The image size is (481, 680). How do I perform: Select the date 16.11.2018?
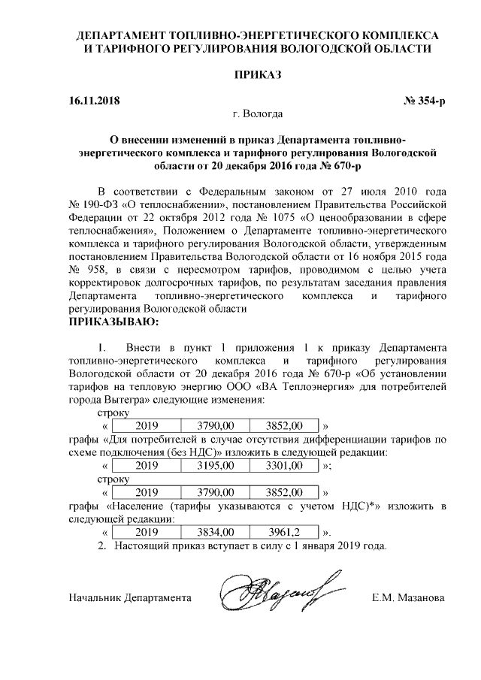click(94, 100)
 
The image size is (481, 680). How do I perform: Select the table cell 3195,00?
click(221, 466)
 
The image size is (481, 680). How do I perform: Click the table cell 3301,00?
click(286, 466)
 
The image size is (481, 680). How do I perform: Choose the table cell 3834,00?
click(221, 532)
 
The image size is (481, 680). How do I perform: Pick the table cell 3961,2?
click(286, 532)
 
